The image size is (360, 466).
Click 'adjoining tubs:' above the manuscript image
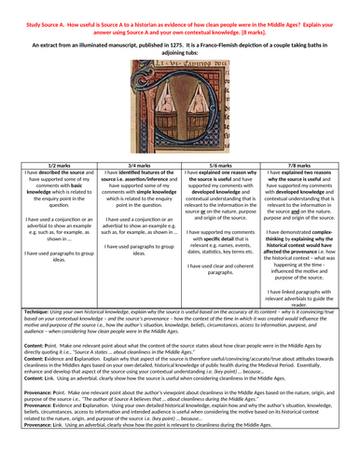[180, 52]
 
